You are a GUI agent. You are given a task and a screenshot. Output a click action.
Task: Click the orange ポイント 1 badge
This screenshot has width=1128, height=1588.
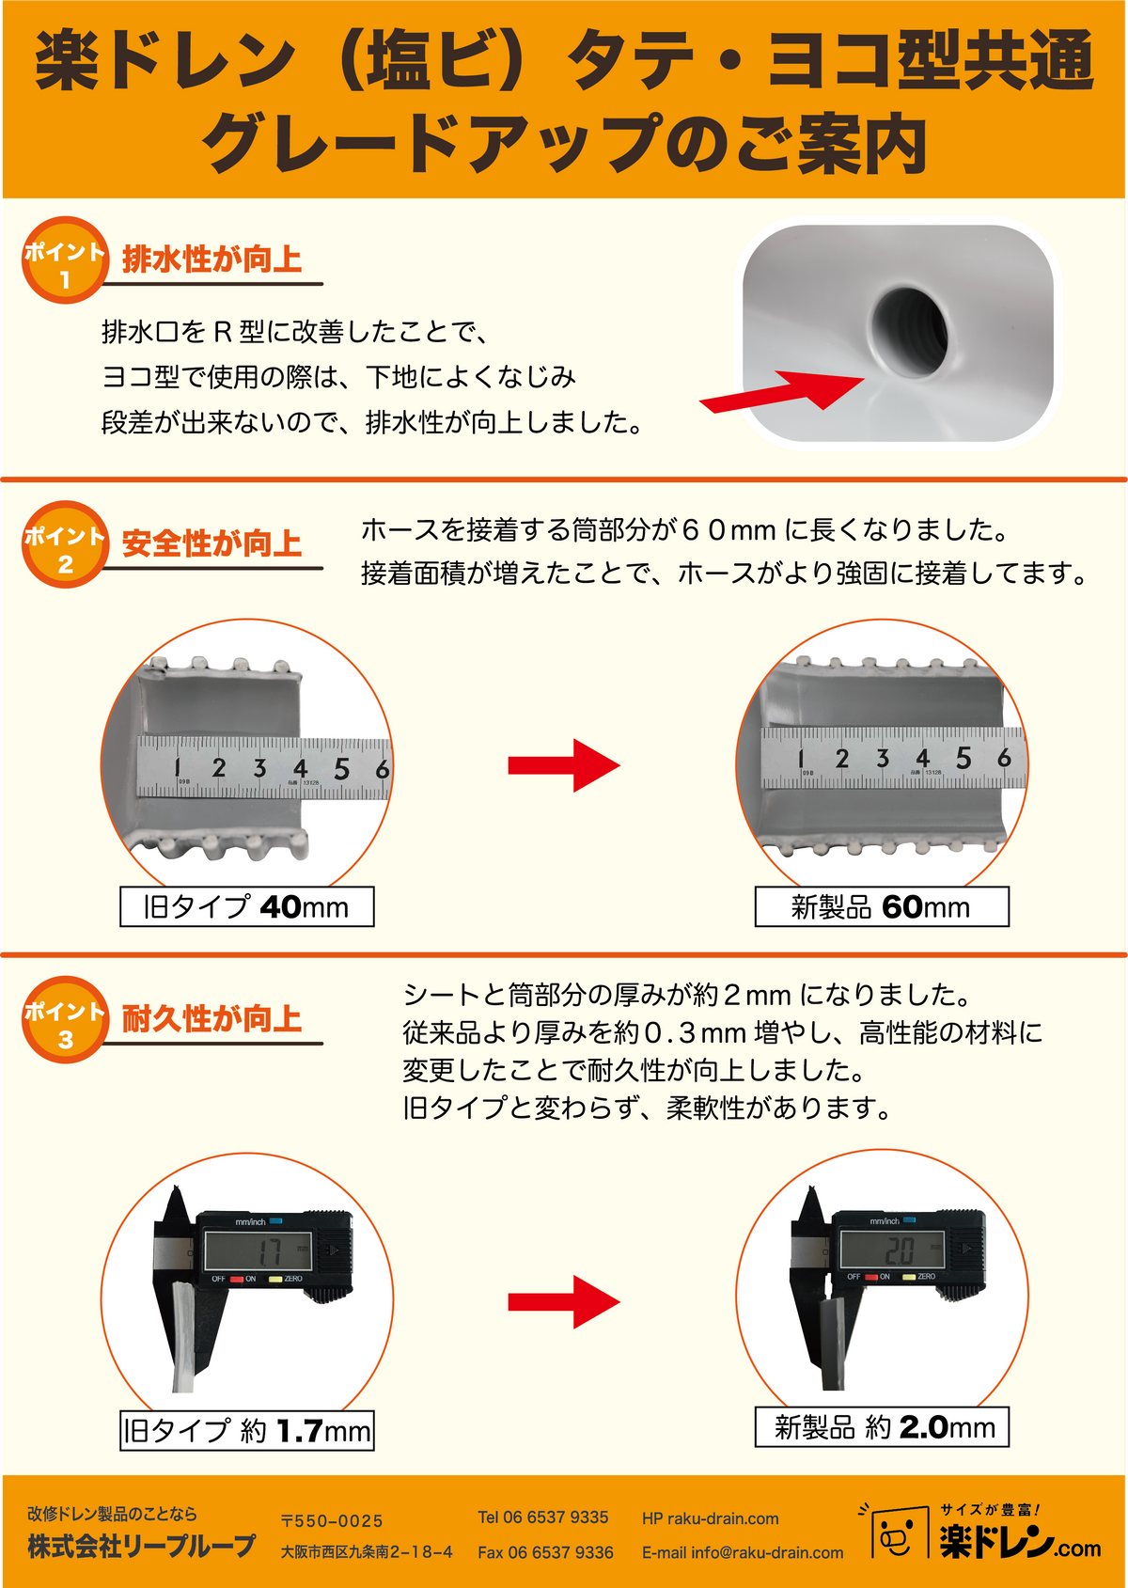coord(65,260)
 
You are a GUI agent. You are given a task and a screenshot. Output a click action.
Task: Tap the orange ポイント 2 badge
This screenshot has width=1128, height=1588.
coord(65,544)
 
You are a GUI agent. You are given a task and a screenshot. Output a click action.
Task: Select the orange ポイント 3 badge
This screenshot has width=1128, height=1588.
coord(65,1019)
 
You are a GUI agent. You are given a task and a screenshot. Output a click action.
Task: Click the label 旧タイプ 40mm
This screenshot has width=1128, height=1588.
coord(246,906)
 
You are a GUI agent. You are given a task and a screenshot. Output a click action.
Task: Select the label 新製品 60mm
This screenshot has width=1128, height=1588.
coord(882,906)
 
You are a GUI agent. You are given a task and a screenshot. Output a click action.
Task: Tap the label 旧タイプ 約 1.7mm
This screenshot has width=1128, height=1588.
coord(246,1430)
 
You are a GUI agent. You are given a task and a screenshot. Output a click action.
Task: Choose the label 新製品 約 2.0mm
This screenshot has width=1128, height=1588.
coord(882,1426)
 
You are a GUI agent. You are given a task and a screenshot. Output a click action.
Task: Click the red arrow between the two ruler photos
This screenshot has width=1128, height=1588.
coord(564,765)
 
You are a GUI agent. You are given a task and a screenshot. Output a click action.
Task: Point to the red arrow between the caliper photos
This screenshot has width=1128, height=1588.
coord(564,1302)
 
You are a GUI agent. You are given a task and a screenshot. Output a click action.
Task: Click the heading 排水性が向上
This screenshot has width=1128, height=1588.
coord(211,259)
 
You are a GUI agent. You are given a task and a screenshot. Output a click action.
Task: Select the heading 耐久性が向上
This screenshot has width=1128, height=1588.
coord(211,1019)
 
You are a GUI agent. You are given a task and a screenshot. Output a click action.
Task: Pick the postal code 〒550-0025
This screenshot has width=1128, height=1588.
coord(332,1520)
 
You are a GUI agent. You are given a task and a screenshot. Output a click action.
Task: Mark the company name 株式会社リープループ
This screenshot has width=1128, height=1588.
coord(141,1547)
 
